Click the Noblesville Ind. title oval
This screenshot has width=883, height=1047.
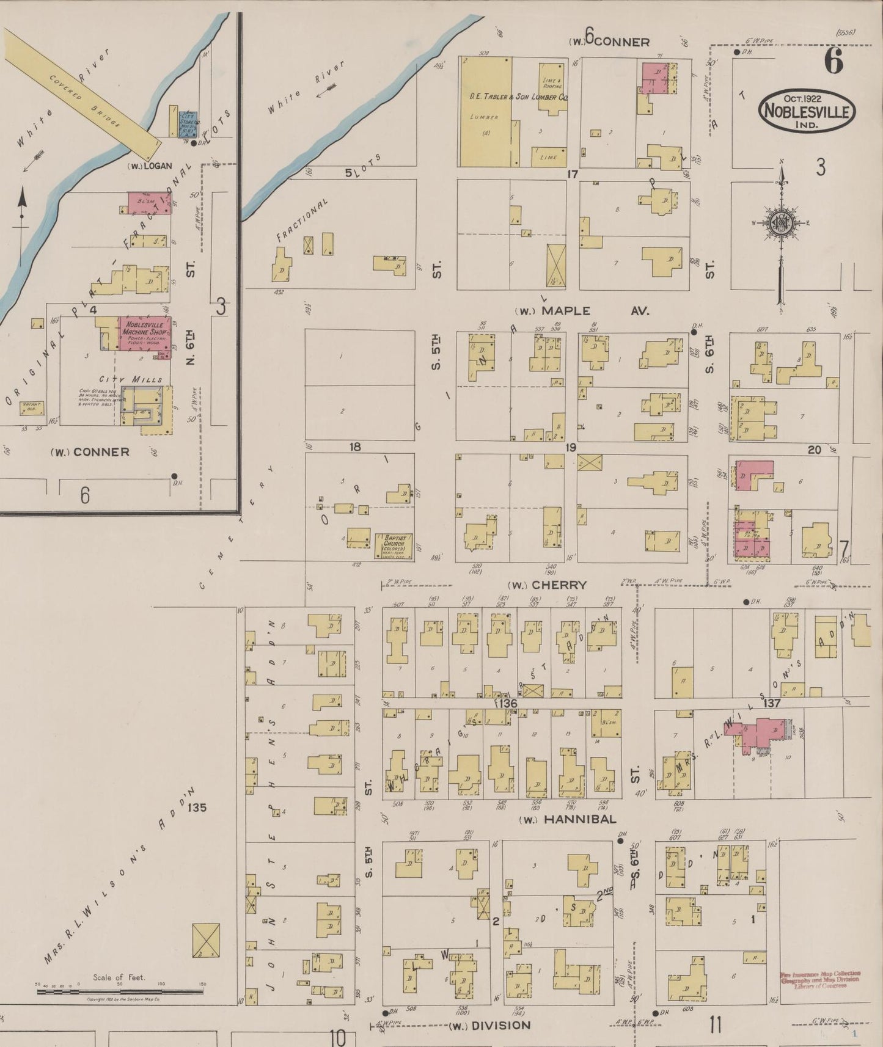[x=807, y=111]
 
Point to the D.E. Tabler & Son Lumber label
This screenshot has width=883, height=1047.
[x=519, y=97]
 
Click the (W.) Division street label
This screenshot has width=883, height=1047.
[x=489, y=1025]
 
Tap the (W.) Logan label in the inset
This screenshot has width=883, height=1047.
[x=150, y=166]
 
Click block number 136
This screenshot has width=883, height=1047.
[x=507, y=704]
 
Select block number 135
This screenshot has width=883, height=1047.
[x=197, y=807]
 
